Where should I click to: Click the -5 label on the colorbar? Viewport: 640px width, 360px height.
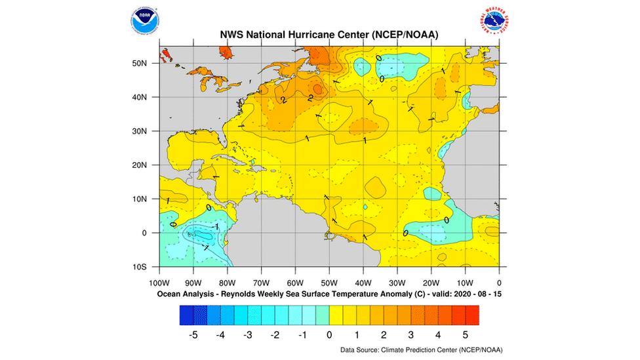point(193,334)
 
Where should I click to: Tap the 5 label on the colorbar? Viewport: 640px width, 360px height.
point(465,334)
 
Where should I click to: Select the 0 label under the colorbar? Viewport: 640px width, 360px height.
point(329,334)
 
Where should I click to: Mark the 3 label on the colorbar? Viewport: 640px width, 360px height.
point(410,334)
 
